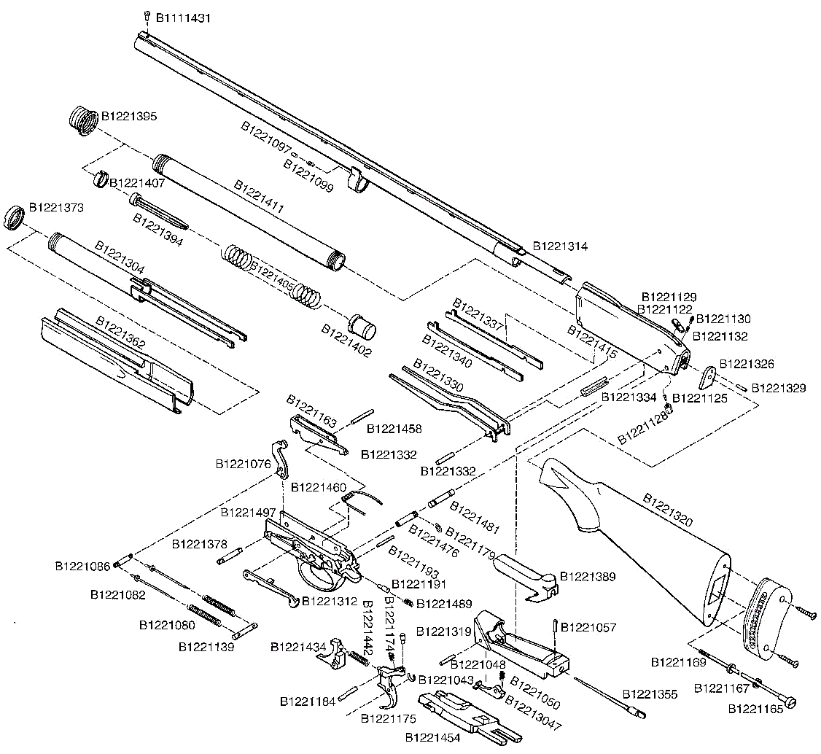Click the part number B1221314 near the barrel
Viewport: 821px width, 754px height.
560,246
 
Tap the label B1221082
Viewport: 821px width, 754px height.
117,595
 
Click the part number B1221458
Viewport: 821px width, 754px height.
394,429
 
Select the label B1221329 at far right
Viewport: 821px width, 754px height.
779,388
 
